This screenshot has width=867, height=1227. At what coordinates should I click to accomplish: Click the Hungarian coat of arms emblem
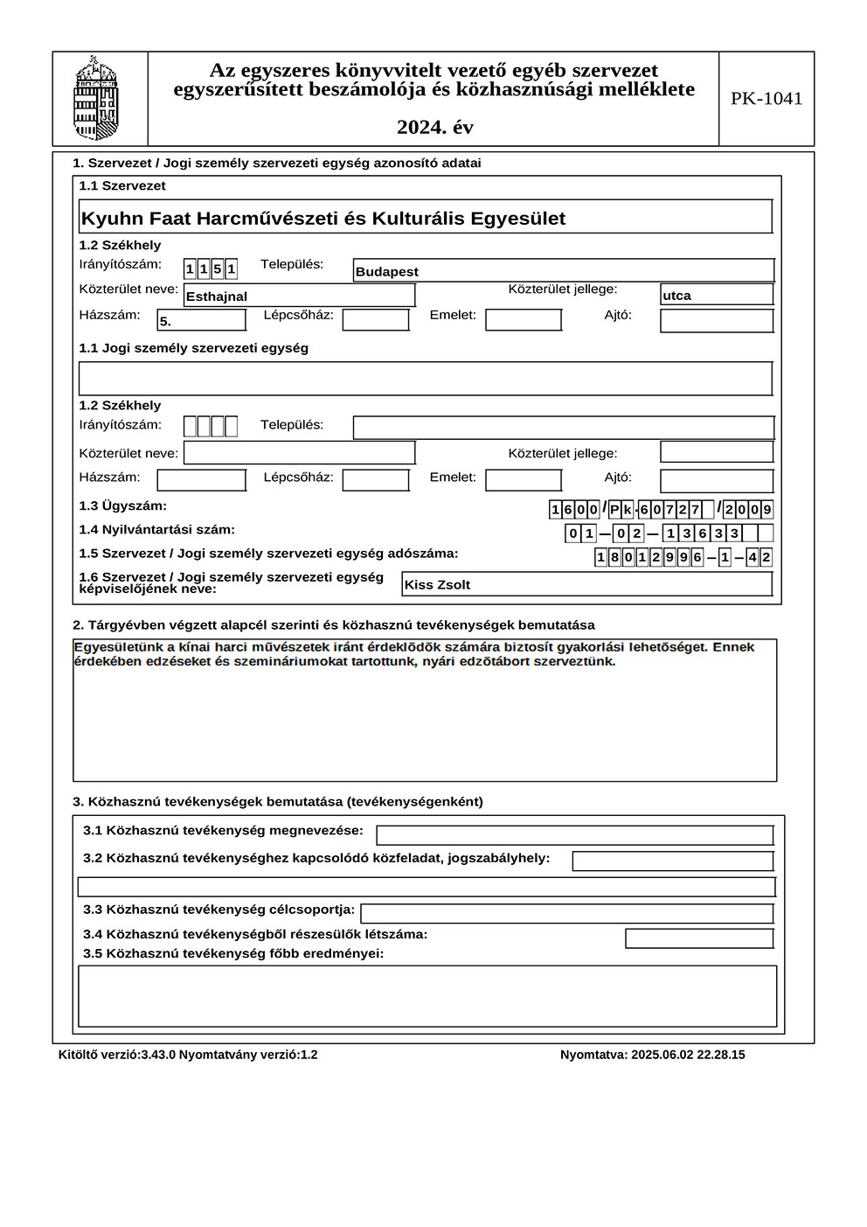[97, 98]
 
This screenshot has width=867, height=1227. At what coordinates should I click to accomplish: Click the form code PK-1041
[766, 99]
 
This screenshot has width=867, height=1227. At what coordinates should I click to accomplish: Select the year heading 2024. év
[434, 128]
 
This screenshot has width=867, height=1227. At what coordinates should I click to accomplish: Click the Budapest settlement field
[563, 271]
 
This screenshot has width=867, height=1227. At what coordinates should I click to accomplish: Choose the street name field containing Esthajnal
[299, 296]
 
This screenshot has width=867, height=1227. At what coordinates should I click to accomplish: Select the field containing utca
[716, 295]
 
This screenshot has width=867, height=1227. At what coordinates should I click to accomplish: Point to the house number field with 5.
[201, 321]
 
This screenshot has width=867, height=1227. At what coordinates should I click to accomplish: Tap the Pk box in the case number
[621, 510]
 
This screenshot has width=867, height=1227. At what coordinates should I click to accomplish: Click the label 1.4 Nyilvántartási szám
[156, 530]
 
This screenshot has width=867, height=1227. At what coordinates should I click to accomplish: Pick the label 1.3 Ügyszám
[122, 506]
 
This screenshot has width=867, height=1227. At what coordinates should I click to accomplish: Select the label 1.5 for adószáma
[268, 554]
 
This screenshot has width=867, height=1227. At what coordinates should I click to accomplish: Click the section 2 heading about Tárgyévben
[333, 625]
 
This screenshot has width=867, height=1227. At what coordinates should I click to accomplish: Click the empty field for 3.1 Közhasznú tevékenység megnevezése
[574, 835]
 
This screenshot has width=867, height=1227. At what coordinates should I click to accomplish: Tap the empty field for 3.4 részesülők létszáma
[698, 938]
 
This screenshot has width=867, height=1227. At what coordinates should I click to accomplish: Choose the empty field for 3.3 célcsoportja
[566, 913]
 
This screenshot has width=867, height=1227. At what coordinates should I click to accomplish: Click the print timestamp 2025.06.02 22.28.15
[652, 1055]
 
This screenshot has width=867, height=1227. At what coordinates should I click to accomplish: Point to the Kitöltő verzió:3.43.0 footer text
[117, 1055]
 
